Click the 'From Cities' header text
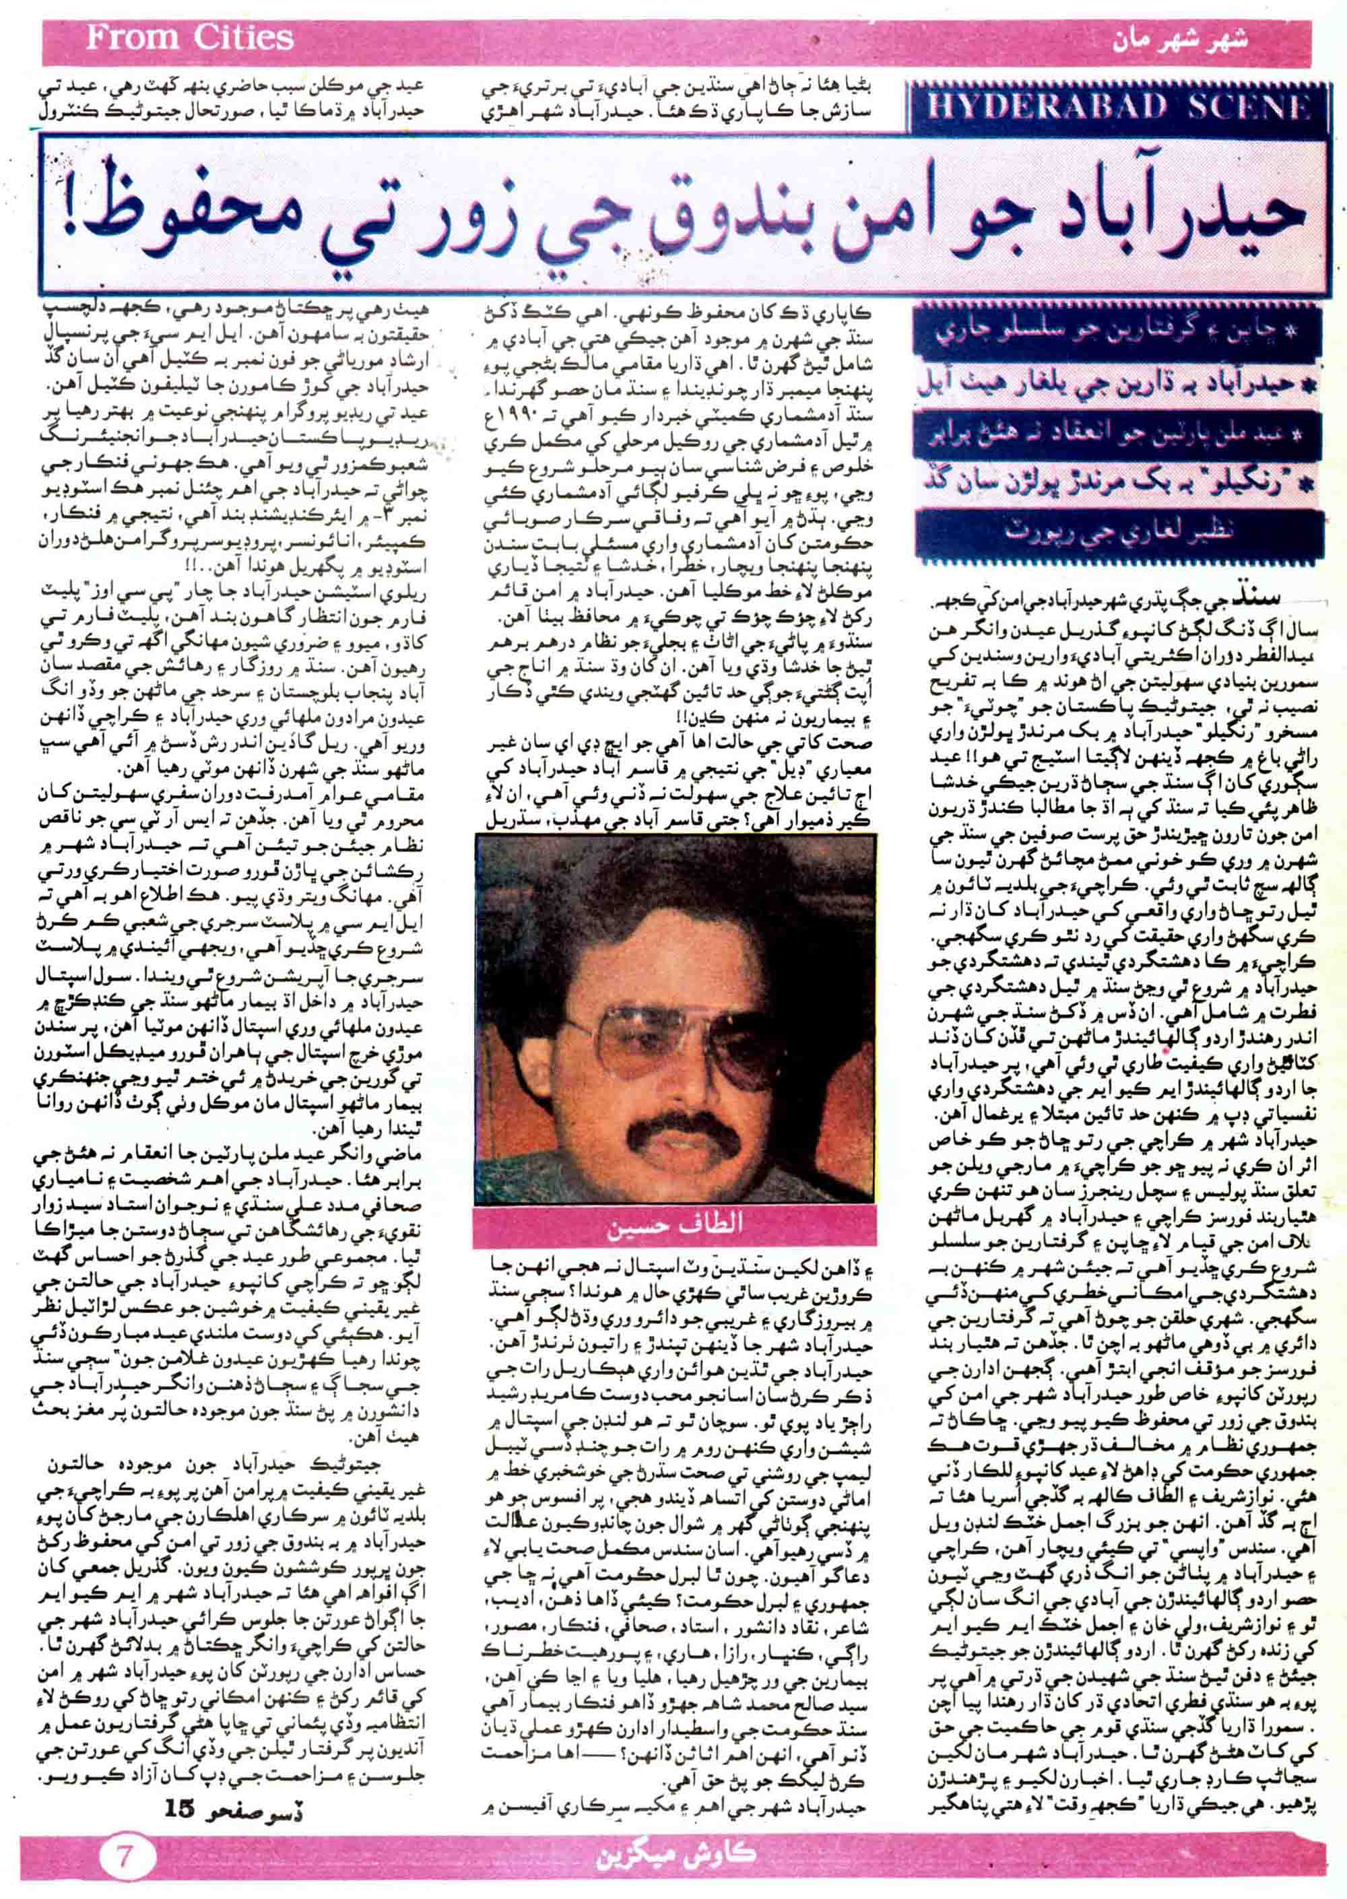190,37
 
